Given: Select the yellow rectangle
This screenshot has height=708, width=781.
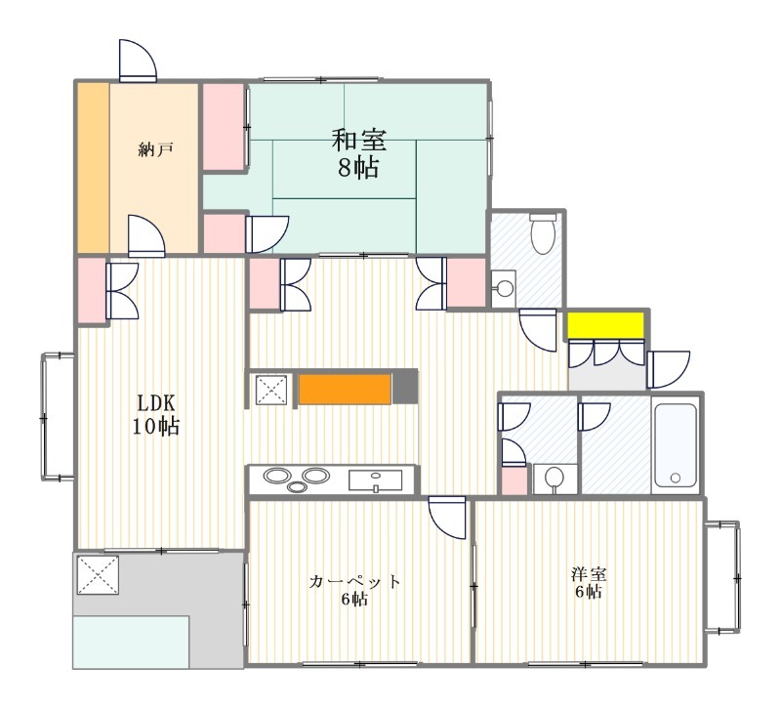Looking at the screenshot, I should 606,324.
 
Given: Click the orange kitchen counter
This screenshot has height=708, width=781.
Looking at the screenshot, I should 345,388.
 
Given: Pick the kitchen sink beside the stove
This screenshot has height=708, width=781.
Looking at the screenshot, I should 375,479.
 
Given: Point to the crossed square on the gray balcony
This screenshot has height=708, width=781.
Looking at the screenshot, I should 97,574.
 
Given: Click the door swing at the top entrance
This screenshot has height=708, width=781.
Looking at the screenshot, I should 137,61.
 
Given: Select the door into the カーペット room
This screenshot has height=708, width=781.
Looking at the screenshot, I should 448,516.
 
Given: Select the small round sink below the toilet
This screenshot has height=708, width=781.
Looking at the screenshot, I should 504,288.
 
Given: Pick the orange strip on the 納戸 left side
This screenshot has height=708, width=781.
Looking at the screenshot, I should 93,167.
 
